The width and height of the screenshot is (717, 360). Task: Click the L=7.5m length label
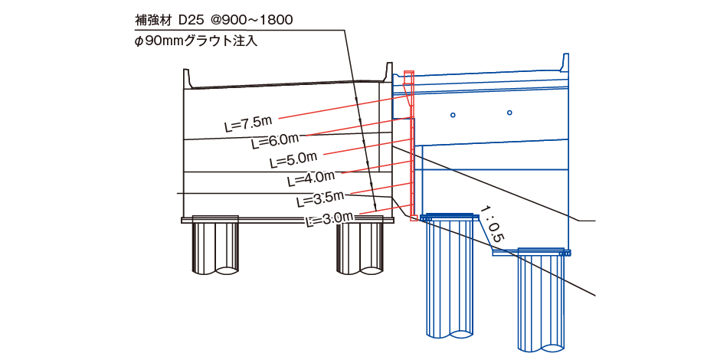(247, 123)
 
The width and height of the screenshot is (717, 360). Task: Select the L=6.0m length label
(273, 141)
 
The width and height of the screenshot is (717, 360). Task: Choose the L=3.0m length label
(329, 219)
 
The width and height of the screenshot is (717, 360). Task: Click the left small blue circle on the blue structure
(453, 116)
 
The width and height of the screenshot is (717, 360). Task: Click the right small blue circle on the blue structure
(509, 113)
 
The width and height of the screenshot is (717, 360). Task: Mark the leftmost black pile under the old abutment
(214, 247)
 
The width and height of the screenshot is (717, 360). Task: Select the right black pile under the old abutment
(360, 247)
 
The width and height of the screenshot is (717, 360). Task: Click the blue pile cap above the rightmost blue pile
(542, 252)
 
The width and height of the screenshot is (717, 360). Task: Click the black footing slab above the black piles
(287, 220)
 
